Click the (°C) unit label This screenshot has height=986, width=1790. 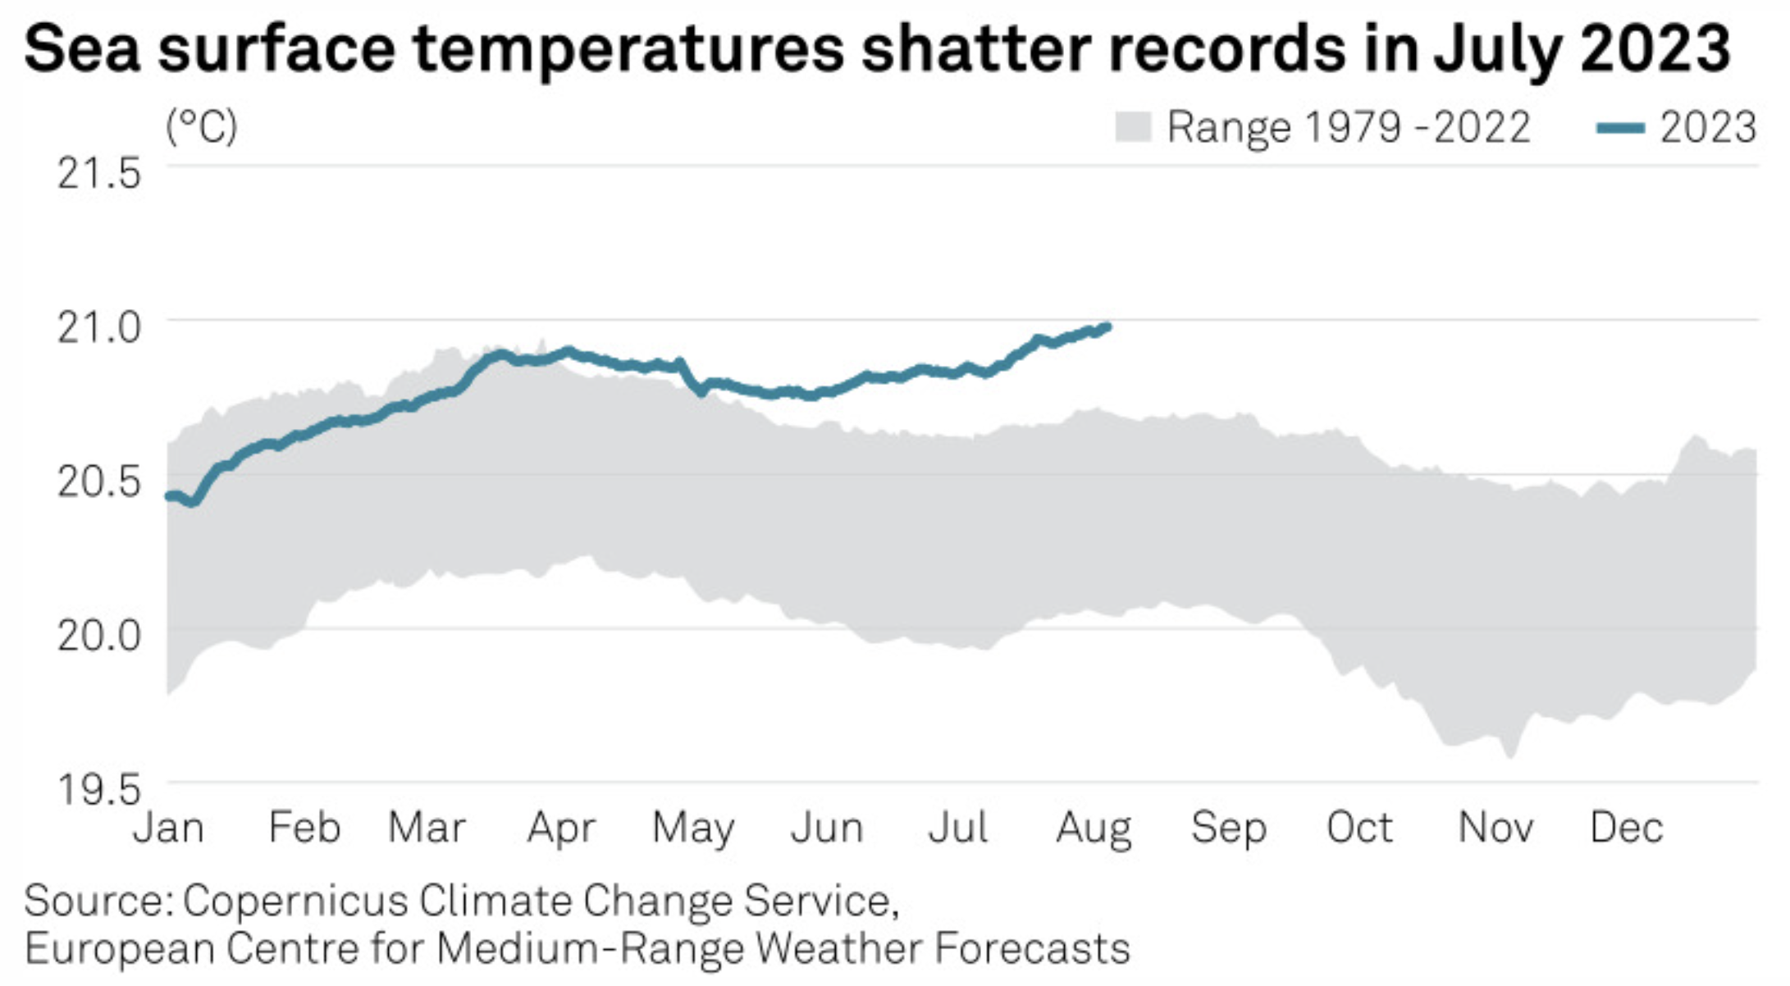pos(202,126)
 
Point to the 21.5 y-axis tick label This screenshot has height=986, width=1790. pos(98,174)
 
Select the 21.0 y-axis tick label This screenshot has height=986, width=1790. pos(98,327)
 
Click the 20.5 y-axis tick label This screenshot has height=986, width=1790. pos(98,482)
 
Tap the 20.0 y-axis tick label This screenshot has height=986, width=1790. pos(98,635)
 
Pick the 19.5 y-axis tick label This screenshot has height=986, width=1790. pos(98,789)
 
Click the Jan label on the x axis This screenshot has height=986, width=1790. pos(169,828)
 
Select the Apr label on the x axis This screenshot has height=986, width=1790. pos(561,828)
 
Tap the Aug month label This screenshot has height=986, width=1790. pos(1094,829)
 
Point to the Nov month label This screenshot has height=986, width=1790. pos(1495,828)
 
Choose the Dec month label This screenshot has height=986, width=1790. pos(1626,828)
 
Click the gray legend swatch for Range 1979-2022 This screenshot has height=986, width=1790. pos(1133,127)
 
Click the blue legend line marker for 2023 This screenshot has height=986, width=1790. pos(1620,127)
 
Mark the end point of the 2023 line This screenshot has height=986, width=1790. pos(1107,327)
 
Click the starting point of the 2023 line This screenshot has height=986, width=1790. pos(169,495)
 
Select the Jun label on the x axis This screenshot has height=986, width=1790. pos(827,828)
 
